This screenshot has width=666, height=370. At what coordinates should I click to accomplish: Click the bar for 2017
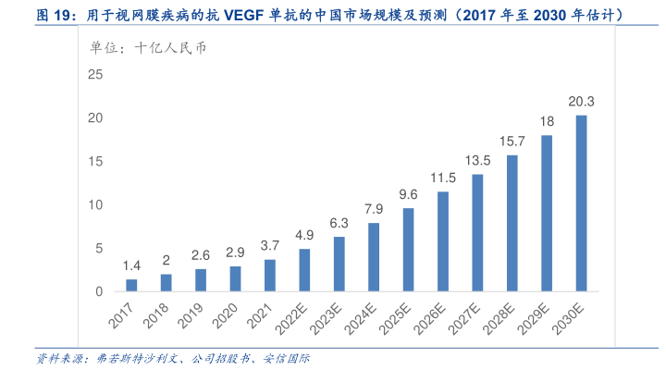(131, 285)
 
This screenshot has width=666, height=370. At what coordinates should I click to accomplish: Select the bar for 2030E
(581, 203)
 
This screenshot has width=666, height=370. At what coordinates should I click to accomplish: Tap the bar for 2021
(269, 275)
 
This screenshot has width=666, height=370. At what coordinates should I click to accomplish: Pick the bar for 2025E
(408, 250)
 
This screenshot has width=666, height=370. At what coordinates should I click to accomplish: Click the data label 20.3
(581, 102)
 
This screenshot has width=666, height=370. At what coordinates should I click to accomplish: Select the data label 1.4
(131, 266)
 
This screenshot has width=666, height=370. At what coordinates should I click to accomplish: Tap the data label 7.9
(374, 209)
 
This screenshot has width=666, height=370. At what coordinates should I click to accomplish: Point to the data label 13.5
(477, 161)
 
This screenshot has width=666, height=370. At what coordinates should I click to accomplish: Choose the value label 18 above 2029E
(547, 122)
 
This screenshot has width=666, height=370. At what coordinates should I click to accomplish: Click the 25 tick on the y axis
(94, 74)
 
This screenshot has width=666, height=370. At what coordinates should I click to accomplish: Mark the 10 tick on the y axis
(94, 204)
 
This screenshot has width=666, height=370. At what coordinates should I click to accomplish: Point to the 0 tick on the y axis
(98, 291)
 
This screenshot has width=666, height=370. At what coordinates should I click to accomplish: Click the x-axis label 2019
(191, 314)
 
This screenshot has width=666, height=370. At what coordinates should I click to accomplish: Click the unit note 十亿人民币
(171, 47)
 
